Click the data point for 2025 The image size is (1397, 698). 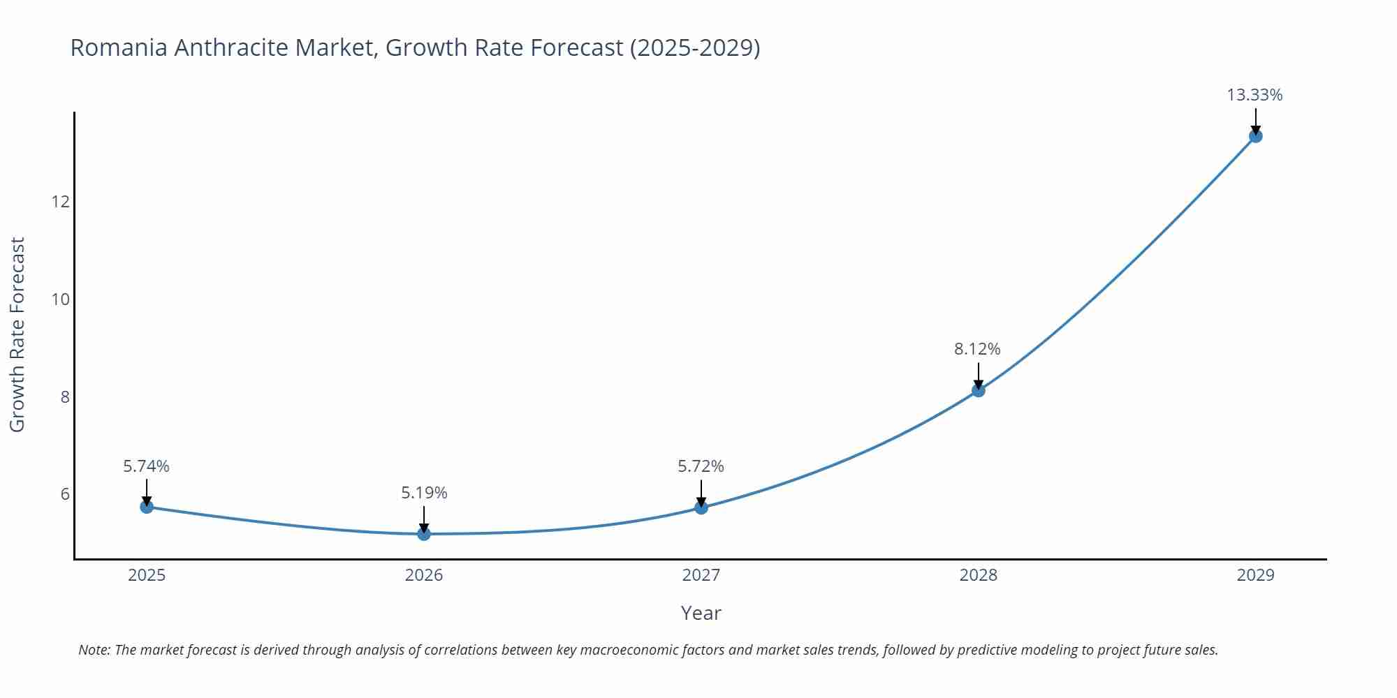[x=147, y=507]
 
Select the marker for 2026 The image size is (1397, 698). [x=424, y=534]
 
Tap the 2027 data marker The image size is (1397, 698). [x=701, y=507]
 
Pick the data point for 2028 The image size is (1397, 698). [x=979, y=390]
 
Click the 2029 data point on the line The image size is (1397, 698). [x=1255, y=136]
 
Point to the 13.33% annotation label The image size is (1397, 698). [x=1255, y=95]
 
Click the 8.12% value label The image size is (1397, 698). [x=977, y=349]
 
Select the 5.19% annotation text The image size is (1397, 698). [x=424, y=493]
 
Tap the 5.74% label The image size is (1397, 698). [x=146, y=466]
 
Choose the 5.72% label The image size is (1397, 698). [x=701, y=466]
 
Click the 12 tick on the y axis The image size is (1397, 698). [x=61, y=202]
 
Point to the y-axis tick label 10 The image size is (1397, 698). [x=61, y=299]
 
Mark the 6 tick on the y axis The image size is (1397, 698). [x=65, y=494]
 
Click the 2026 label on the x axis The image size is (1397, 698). [x=424, y=575]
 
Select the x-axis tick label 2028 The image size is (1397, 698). [x=978, y=575]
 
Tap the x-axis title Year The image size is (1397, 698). [x=701, y=613]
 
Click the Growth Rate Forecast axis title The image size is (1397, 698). [x=17, y=334]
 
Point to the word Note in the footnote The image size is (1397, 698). [x=94, y=650]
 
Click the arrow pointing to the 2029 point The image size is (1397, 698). [x=1255, y=120]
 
